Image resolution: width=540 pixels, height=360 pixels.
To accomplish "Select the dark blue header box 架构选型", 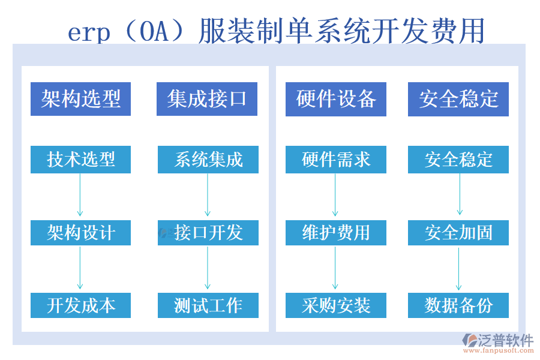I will [x=80, y=99].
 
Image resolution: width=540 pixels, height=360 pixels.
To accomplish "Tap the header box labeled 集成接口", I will [x=207, y=99].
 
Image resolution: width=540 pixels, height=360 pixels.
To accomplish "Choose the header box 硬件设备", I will [x=336, y=99].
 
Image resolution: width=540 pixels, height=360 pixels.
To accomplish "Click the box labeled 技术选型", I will [x=80, y=160].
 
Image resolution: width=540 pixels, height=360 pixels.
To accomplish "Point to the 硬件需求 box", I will [x=336, y=160].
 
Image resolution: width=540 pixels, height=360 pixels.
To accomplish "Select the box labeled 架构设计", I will [x=80, y=233].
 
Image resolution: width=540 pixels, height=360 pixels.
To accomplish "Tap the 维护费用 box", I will [x=336, y=233].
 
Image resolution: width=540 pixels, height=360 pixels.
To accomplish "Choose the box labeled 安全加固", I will [x=458, y=233].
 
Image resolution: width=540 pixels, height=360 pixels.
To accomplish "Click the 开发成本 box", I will [x=80, y=305].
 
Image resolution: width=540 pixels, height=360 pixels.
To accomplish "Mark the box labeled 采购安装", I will [x=336, y=305].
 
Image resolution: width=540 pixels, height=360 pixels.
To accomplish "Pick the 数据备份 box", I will [x=458, y=305].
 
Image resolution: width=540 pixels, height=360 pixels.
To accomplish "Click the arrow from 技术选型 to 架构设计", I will [x=80, y=195].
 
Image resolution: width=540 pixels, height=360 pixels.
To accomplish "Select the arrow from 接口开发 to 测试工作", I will [x=208, y=268].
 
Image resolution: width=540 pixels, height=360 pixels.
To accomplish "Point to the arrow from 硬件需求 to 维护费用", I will [x=335, y=195].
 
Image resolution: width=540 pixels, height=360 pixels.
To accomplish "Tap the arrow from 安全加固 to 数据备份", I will [x=458, y=268].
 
